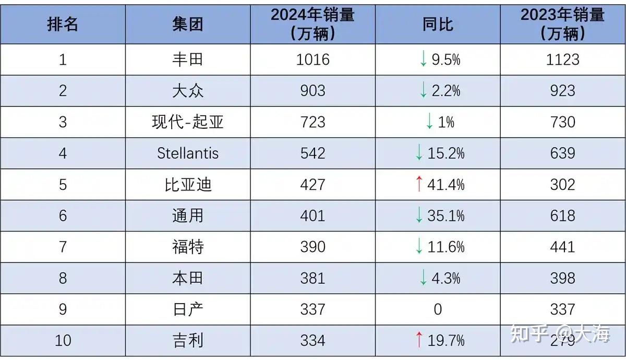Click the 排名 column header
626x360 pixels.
[63, 24]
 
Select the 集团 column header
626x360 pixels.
[188, 24]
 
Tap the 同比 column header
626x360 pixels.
[438, 24]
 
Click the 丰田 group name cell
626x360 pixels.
[188, 59]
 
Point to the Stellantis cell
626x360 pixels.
[188, 153]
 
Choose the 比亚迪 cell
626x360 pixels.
[188, 185]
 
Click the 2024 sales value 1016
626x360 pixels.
[313, 59]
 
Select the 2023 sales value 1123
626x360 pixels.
[562, 59]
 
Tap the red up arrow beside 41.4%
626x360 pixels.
[418, 184]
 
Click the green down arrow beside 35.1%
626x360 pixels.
[418, 215]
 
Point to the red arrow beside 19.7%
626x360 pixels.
[418, 340]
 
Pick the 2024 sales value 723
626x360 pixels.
[313, 122]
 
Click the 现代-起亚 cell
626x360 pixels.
[188, 122]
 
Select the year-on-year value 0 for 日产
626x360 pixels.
[438, 309]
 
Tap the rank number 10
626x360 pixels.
[63, 341]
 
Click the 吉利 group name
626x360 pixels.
[188, 341]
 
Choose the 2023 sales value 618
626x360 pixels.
[562, 215]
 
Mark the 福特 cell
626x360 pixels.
[188, 247]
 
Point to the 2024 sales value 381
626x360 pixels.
[313, 278]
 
